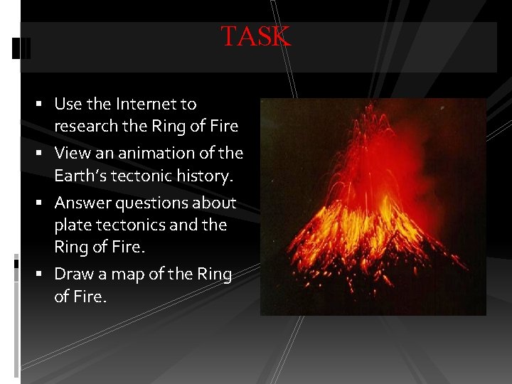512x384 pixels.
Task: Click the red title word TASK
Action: point(256,36)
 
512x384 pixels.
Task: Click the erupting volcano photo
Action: point(373,206)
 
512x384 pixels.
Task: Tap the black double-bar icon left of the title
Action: point(22,48)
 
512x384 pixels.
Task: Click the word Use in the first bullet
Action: point(68,104)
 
